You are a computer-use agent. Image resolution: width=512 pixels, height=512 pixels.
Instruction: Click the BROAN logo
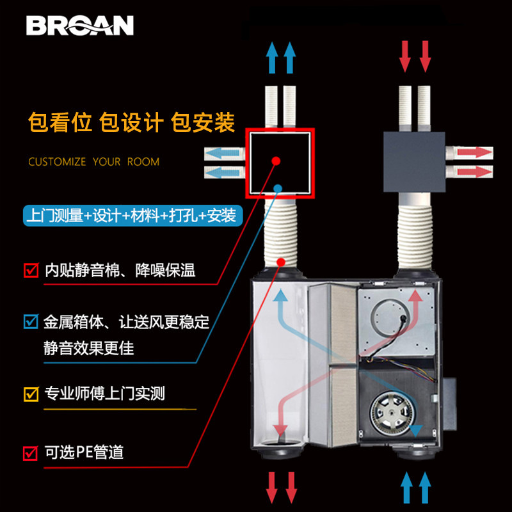pyautogui.click(x=80, y=25)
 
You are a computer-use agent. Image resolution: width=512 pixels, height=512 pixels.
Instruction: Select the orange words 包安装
pyautogui.click(x=203, y=122)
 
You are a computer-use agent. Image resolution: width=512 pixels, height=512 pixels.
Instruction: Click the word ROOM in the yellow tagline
pyautogui.click(x=143, y=162)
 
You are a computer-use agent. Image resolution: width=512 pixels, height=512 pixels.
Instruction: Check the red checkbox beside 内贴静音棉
pyautogui.click(x=30, y=270)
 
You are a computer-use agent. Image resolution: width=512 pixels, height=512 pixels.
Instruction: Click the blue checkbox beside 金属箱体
pyautogui.click(x=30, y=321)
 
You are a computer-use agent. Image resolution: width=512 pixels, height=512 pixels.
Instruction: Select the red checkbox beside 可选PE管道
pyautogui.click(x=30, y=453)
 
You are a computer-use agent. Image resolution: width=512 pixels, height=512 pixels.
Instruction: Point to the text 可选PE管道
pyautogui.click(x=83, y=453)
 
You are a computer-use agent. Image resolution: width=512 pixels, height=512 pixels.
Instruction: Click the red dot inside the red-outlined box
pyautogui.click(x=275, y=161)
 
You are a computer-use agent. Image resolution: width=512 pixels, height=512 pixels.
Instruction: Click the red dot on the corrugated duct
pyautogui.click(x=282, y=262)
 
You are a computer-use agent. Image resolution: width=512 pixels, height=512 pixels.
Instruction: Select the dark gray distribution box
pyautogui.click(x=413, y=161)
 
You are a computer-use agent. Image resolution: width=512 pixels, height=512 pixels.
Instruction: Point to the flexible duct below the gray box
pyautogui.click(x=415, y=234)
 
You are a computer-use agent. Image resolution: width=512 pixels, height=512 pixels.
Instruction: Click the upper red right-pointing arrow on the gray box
pyautogui.click(x=474, y=153)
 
